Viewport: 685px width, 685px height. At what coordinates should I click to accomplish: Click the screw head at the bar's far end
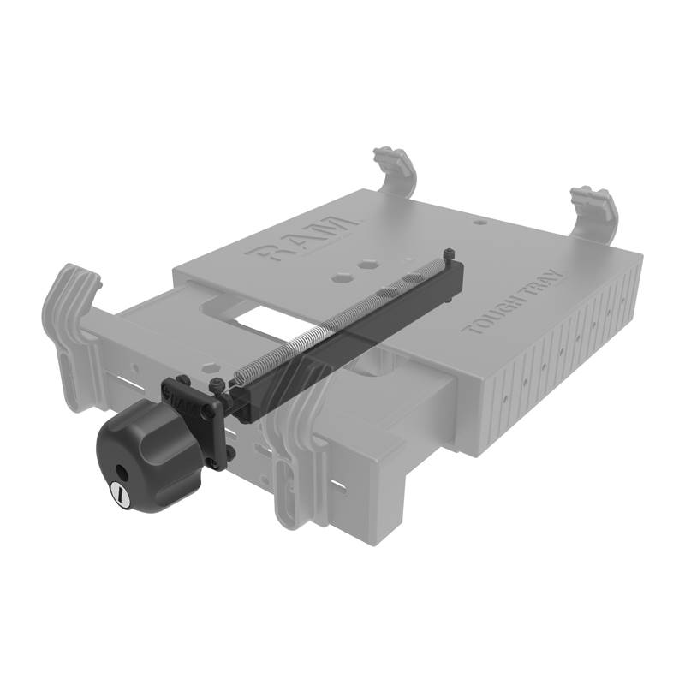point(449,254)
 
